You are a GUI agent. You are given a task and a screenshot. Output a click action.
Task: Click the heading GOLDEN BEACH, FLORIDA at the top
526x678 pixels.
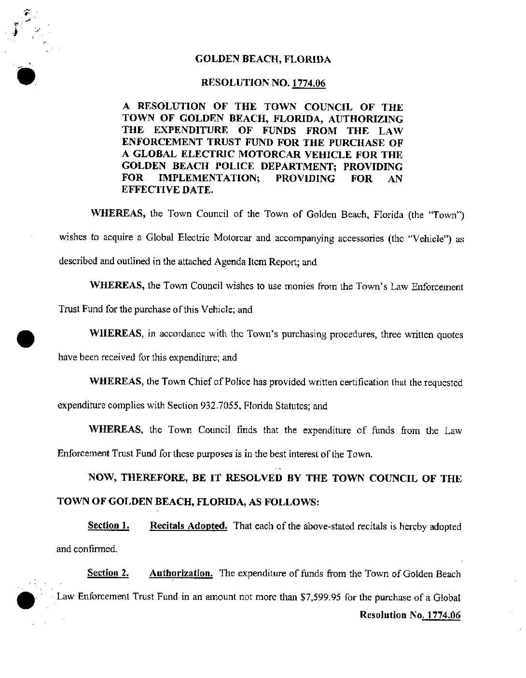[263, 60]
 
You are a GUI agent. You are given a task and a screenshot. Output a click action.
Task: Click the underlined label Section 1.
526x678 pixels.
[109, 526]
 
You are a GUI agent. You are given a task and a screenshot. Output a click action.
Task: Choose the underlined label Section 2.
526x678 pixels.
[108, 573]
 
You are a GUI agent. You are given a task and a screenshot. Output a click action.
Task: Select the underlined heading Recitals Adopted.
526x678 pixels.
[189, 526]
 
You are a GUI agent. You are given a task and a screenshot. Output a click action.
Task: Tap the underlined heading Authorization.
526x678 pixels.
[181, 573]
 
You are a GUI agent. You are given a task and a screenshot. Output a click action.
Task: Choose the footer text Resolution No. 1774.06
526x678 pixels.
[410, 615]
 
